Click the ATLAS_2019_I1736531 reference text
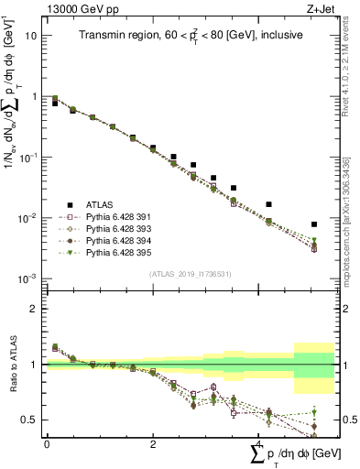click(x=189, y=274)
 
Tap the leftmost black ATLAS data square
click(x=55, y=104)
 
